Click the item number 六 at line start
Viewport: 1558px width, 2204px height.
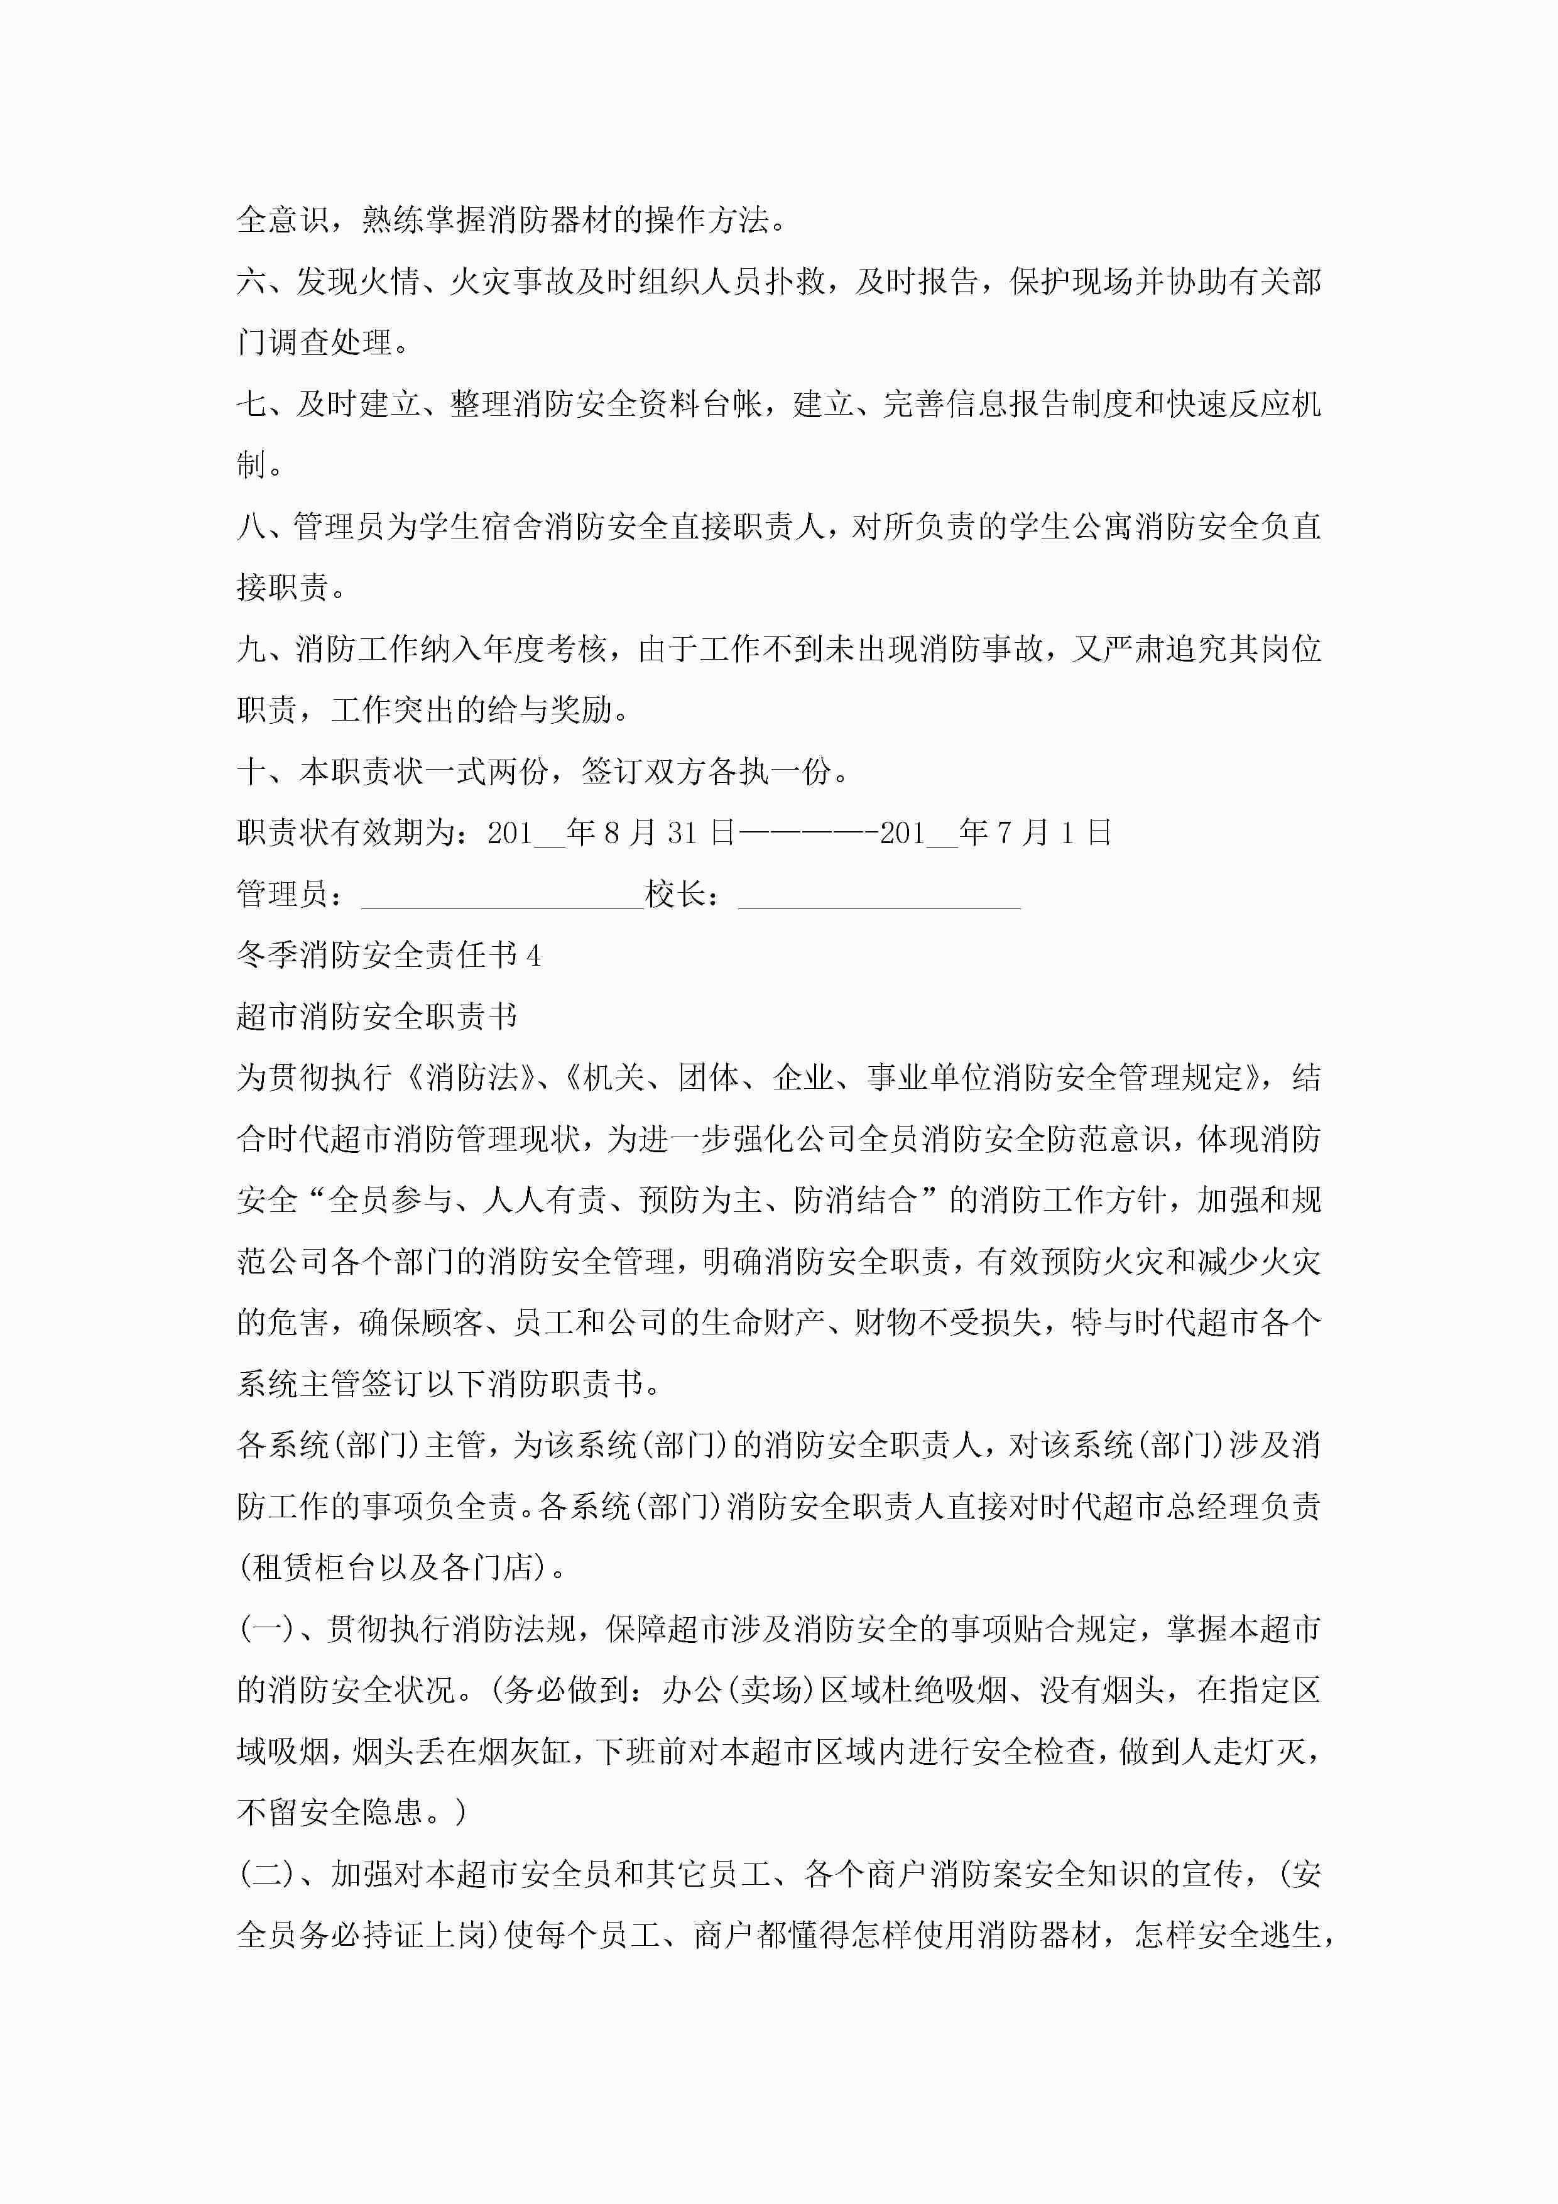click(251, 281)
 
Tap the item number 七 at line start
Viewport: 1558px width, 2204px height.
click(251, 404)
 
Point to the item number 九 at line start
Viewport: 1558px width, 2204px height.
click(251, 650)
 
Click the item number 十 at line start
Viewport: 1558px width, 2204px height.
click(251, 772)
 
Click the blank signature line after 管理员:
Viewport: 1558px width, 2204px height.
click(501, 897)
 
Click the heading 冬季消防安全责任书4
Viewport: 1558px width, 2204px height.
click(389, 955)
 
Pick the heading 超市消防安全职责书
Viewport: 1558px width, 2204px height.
click(376, 1017)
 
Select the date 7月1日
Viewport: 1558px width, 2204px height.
click(1054, 833)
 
